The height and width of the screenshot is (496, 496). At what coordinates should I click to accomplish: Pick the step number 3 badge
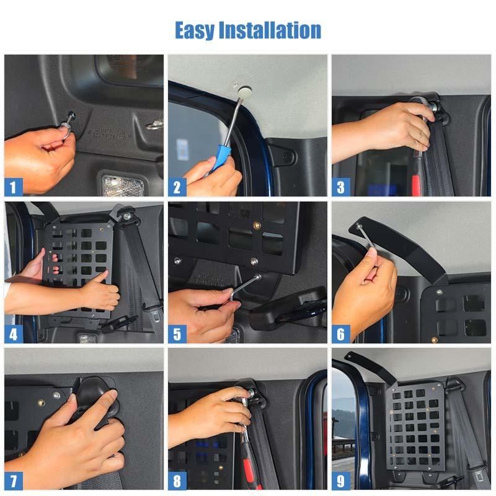coord(341,187)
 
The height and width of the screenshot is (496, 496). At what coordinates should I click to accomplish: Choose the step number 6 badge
coord(341,334)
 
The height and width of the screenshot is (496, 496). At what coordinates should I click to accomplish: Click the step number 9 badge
coord(341,480)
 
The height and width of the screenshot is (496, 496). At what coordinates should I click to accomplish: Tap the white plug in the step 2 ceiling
coord(242,91)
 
